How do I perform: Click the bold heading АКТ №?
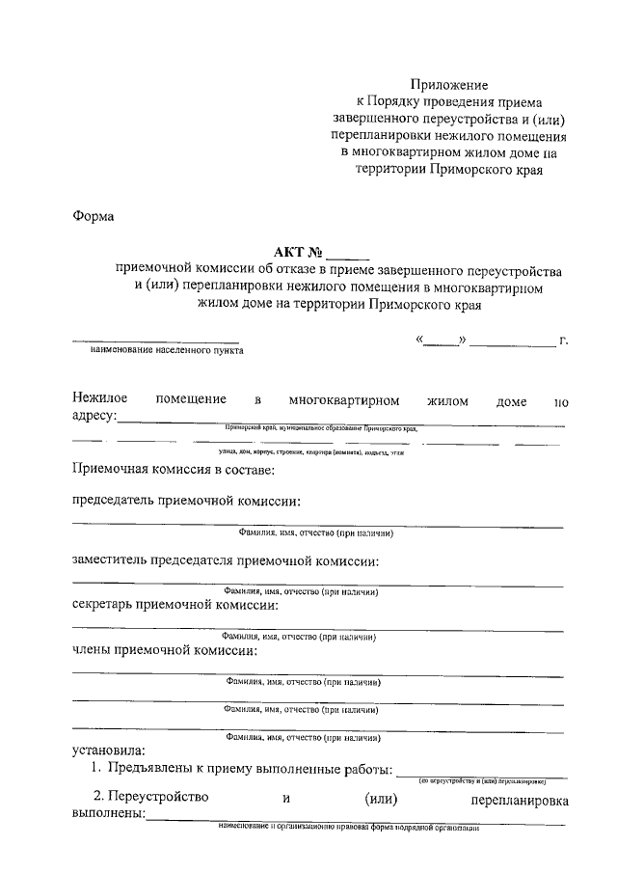(x=298, y=254)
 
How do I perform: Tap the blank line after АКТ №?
(x=347, y=256)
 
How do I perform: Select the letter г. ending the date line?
(x=563, y=340)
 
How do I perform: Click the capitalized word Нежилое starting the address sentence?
(x=99, y=398)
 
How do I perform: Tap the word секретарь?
(x=105, y=605)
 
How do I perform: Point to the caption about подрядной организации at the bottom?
(x=348, y=829)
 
